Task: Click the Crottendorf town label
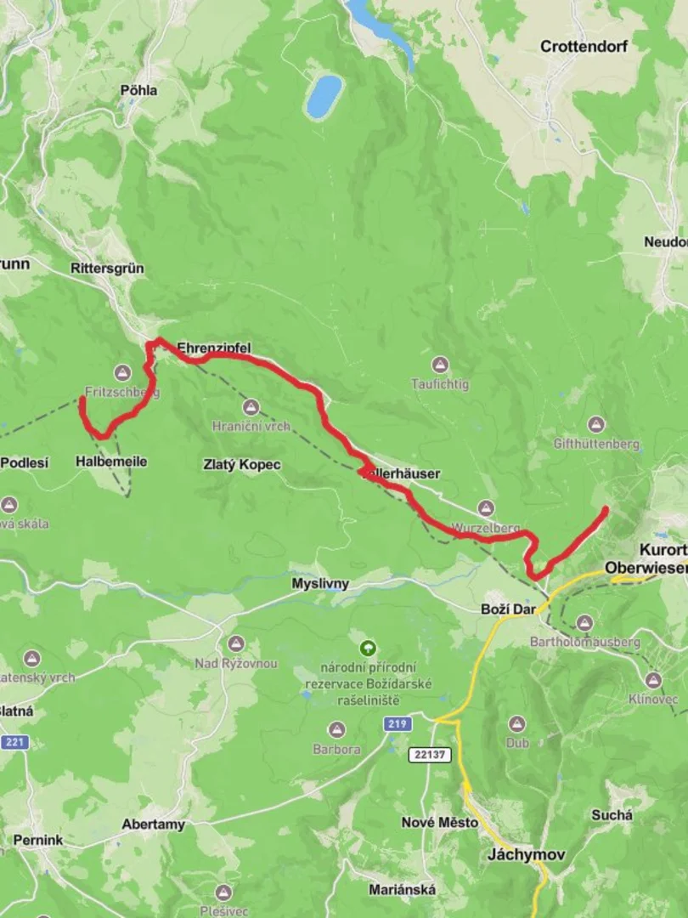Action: (x=584, y=47)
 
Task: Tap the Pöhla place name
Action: (x=138, y=90)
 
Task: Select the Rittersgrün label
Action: (x=107, y=269)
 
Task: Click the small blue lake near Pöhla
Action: (x=324, y=96)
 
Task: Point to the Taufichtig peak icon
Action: (x=440, y=365)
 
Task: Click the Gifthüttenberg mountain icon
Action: (x=596, y=424)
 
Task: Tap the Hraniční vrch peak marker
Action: (x=251, y=407)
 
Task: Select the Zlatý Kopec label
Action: (x=242, y=465)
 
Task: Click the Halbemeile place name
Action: (x=111, y=462)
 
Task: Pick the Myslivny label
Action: (x=320, y=584)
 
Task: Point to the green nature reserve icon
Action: (x=367, y=648)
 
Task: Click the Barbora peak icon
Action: (x=337, y=730)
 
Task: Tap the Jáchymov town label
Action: (x=527, y=854)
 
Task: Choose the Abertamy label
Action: (x=153, y=824)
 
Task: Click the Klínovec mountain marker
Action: (x=652, y=680)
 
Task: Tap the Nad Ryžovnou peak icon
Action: (x=236, y=643)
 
